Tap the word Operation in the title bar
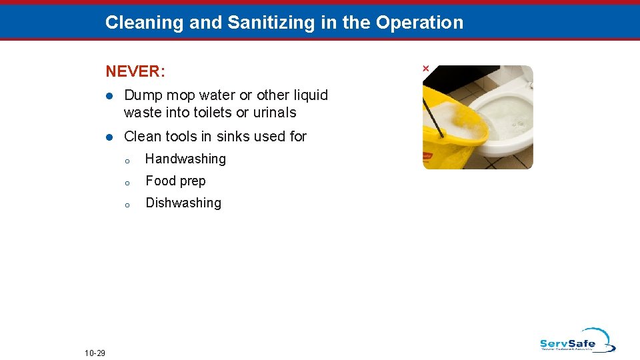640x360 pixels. coord(419,23)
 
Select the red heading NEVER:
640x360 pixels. coord(135,70)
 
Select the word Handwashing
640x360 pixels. coord(185,159)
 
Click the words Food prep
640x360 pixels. coord(175,181)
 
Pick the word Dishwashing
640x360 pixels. coord(183,203)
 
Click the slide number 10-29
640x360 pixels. coord(95,353)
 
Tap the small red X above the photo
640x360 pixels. coord(425,69)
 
